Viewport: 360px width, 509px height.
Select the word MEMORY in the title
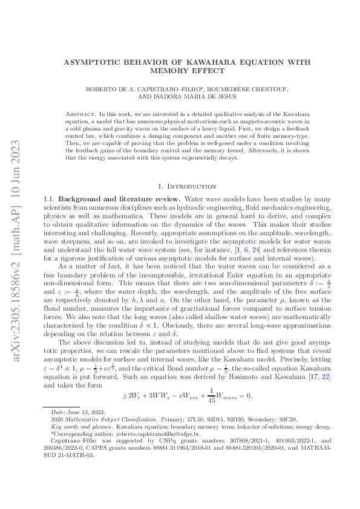pos(171,70)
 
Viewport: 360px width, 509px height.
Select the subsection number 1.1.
pos(50,199)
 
